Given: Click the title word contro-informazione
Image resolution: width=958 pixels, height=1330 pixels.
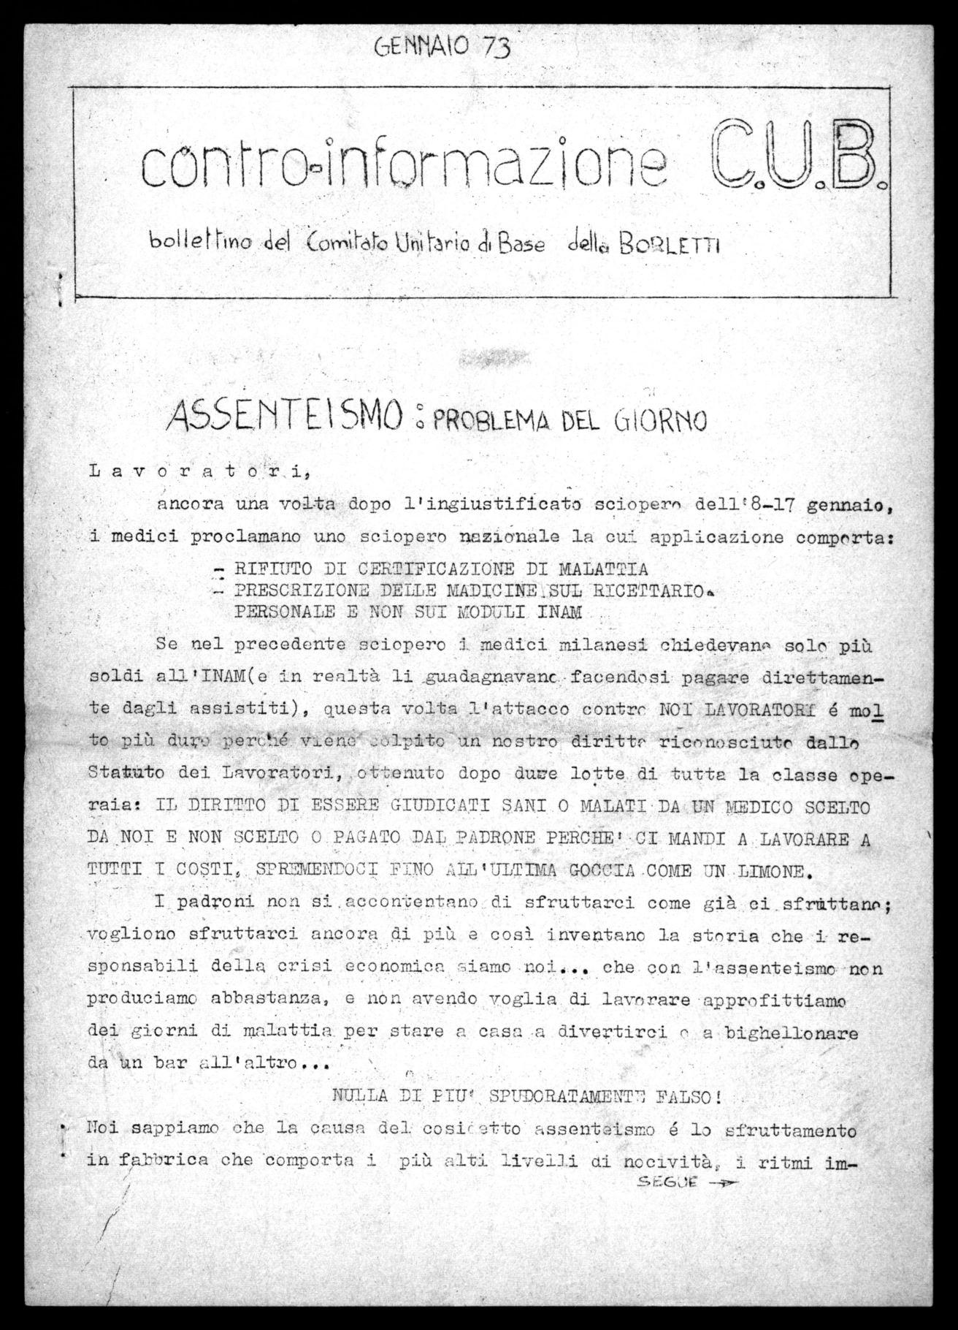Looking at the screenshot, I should [x=405, y=166].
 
